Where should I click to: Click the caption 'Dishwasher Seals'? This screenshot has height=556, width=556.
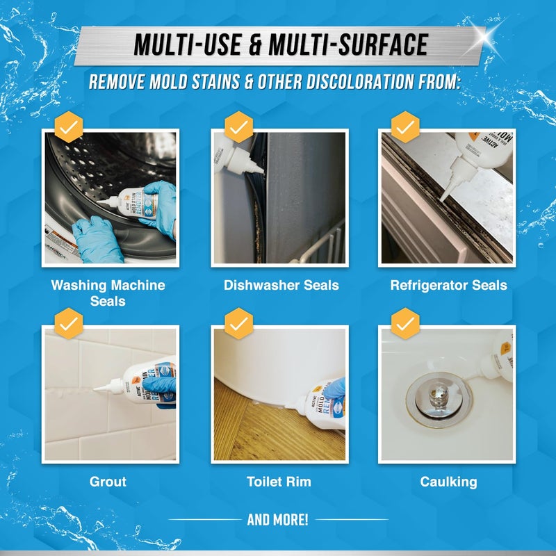(281, 285)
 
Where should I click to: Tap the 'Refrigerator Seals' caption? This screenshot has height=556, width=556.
(448, 285)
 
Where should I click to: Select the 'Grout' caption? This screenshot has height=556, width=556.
(108, 481)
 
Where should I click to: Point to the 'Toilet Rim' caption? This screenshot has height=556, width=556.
(279, 481)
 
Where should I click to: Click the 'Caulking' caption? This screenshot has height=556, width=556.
(448, 481)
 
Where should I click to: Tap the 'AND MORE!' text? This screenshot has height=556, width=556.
(278, 519)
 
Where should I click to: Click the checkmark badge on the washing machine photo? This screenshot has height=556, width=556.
(68, 128)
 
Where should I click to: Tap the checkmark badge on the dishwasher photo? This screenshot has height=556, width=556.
(238, 128)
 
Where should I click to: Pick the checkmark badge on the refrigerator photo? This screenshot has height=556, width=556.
(406, 128)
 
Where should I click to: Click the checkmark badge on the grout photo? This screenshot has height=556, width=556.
(68, 324)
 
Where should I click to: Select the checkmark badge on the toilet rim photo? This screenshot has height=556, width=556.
(238, 324)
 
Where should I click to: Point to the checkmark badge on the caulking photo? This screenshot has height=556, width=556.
(406, 324)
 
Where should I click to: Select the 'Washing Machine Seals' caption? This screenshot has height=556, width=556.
(108, 293)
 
